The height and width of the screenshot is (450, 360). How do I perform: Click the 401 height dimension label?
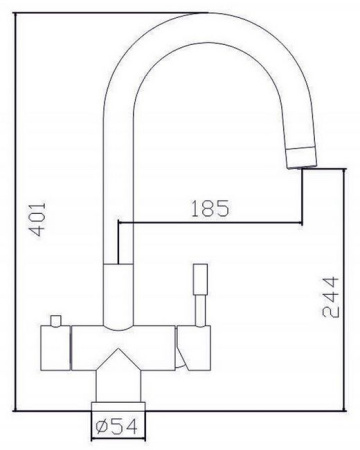[37, 219]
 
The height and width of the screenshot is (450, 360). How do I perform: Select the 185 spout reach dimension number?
[210, 208]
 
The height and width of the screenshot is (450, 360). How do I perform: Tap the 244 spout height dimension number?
[330, 297]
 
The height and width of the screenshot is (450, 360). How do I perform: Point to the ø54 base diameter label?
[116, 426]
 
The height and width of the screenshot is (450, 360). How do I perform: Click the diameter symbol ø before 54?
[101, 427]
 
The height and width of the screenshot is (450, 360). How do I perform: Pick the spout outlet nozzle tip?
[301, 157]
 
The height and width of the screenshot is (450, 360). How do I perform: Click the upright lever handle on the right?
[200, 279]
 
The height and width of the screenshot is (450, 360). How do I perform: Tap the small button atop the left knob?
[55, 320]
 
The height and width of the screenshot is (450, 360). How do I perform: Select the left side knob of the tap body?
[55, 348]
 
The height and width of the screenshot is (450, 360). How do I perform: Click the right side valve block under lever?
[194, 348]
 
